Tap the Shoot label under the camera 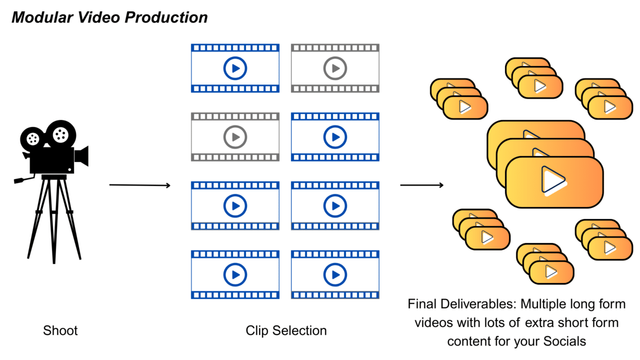60,330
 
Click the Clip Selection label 286,330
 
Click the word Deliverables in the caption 476,304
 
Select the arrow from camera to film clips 140,185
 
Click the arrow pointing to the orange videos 422,185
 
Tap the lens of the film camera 82,156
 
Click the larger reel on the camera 60,133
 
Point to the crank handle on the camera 22,179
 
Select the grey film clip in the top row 335,68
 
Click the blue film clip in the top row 235,68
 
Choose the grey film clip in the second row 235,136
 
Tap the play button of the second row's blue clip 335,136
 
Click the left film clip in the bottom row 235,274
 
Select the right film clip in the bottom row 335,274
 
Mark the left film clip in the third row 235,205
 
